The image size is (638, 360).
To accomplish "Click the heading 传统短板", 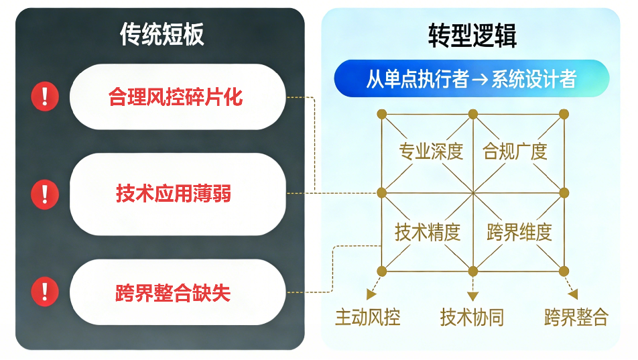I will point(162,34).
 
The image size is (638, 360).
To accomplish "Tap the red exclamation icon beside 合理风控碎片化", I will point(45,97).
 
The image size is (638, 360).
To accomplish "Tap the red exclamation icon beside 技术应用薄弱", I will point(45,194).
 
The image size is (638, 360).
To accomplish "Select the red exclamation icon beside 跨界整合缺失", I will point(45,292).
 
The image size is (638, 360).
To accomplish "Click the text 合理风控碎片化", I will point(176,98).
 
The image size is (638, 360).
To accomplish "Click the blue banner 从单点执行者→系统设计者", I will point(471,79).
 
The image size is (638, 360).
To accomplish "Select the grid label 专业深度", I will point(431,152).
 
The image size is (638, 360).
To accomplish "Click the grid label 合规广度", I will point(515,152).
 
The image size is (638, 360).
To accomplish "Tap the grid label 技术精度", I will point(428,233).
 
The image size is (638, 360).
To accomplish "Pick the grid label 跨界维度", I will point(519,233).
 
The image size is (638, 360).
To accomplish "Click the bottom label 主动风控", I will point(367,316).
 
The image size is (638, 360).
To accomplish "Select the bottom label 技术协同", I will point(472,316).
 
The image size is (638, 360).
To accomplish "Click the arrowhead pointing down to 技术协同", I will point(472,296).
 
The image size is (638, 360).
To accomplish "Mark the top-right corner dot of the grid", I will point(564,113).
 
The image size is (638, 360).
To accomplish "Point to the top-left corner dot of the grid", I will point(381,113).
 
